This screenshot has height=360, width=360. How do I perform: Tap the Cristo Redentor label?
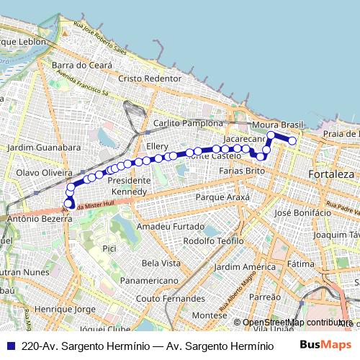tap(149, 78)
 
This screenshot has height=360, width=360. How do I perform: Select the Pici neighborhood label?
tap(109, 248)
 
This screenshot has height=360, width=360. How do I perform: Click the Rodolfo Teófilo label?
tap(214, 240)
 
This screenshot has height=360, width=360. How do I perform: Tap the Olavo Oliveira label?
tap(44, 174)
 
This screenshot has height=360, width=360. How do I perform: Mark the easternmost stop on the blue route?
tap(292, 141)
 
